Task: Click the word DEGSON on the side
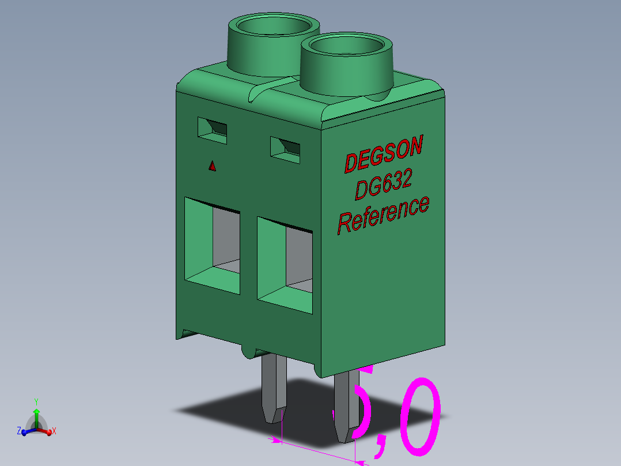point(383,153)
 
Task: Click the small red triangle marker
point(212,166)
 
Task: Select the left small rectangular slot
point(212,128)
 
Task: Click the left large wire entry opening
point(212,245)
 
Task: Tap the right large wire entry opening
point(285,266)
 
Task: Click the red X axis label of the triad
point(54,431)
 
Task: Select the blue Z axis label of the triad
point(18,431)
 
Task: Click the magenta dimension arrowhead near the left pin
point(276,441)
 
